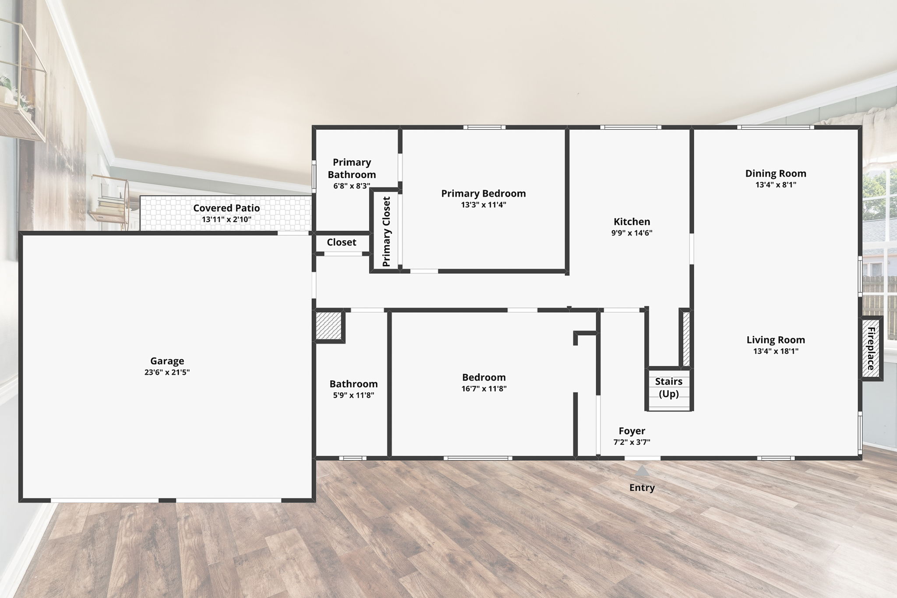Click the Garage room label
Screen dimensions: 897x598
click(x=167, y=361)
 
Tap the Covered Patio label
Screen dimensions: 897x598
click(x=226, y=208)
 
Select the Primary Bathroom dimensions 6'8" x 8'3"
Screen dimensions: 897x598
click(x=352, y=186)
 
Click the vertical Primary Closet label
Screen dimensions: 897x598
click(x=386, y=232)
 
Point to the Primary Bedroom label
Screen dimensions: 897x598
click(x=484, y=194)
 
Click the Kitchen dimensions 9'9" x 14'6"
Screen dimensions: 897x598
click(x=632, y=233)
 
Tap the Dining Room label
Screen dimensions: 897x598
click(x=776, y=173)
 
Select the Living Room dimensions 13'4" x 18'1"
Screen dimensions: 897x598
click(x=776, y=351)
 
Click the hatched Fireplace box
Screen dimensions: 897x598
click(x=871, y=349)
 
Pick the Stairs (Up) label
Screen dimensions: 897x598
click(x=669, y=388)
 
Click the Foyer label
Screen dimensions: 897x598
click(x=632, y=431)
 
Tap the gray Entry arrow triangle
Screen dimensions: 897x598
click(x=642, y=471)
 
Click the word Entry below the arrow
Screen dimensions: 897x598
click(x=642, y=488)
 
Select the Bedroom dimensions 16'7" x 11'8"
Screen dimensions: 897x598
click(x=484, y=389)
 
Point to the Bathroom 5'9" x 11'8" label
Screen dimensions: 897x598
click(x=353, y=389)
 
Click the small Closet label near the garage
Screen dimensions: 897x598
click(x=342, y=242)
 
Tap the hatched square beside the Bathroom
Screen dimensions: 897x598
click(x=328, y=325)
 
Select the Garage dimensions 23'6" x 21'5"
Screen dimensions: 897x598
click(x=167, y=373)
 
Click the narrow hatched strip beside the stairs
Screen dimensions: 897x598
click(x=686, y=338)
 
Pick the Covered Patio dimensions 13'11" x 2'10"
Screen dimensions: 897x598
click(x=226, y=219)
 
